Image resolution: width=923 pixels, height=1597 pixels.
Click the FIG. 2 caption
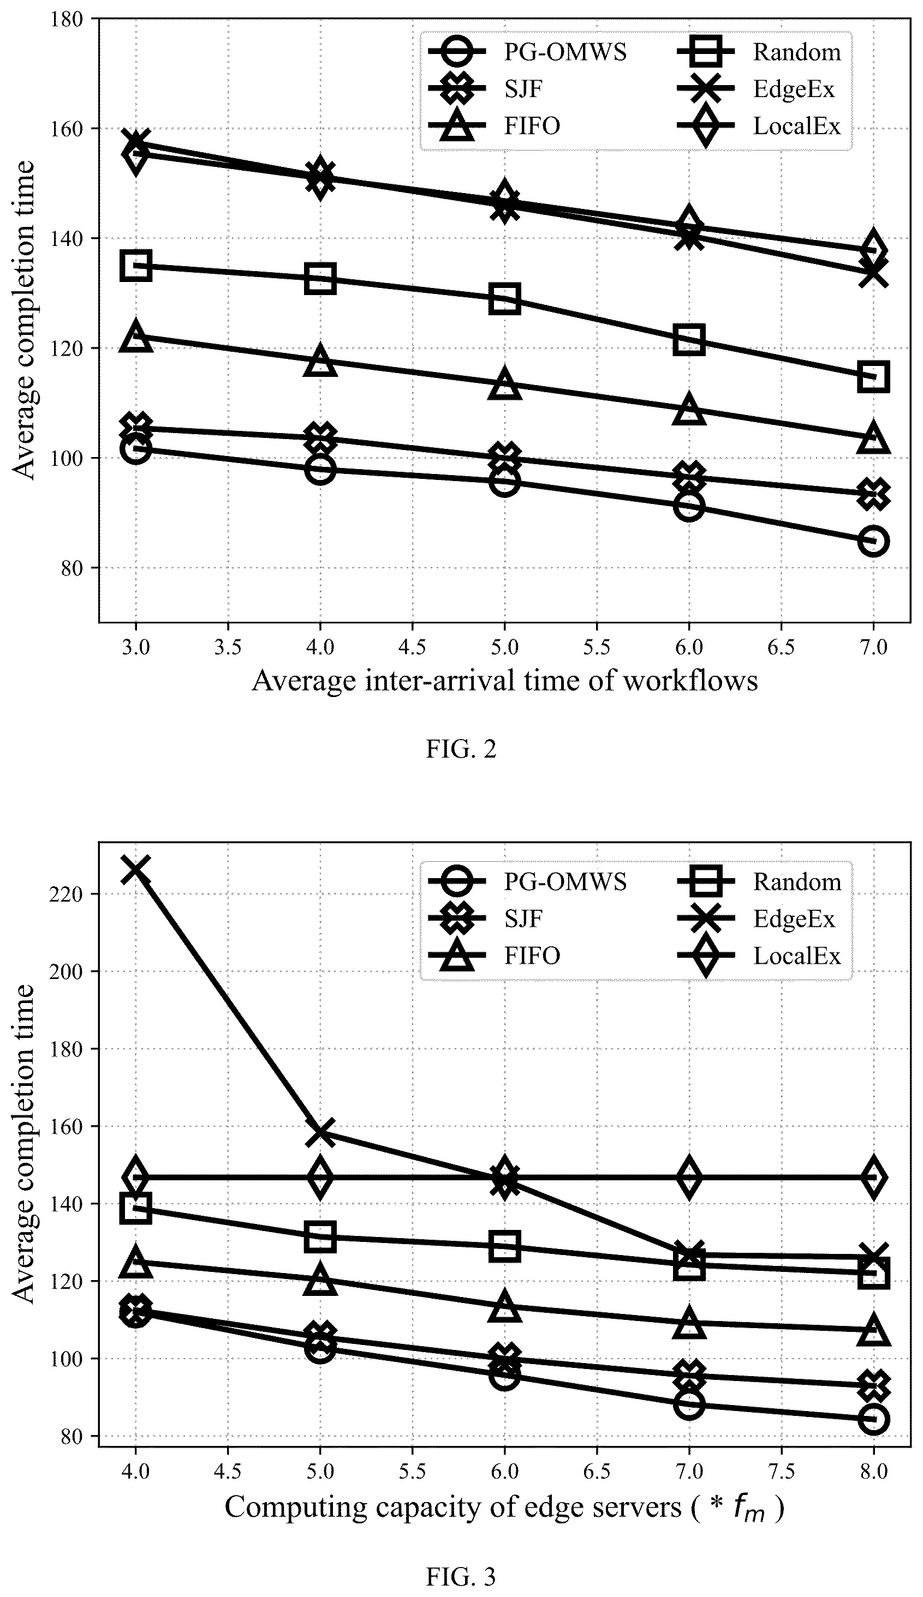[x=461, y=749]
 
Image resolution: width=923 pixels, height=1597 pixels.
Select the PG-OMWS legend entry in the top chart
[x=527, y=52]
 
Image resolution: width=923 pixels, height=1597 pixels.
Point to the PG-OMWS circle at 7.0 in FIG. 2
[x=873, y=541]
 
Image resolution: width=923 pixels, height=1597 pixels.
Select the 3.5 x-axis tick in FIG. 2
[x=228, y=647]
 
